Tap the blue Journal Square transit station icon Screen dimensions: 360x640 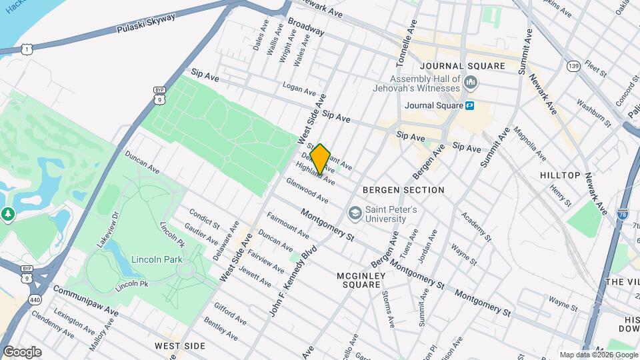click(x=470, y=105)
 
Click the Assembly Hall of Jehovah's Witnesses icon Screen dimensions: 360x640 click(x=471, y=83)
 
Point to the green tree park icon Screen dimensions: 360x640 click(x=7, y=214)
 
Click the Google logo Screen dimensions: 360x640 click(x=22, y=351)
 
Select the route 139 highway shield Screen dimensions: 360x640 click(x=573, y=65)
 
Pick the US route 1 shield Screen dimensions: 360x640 click(x=25, y=49)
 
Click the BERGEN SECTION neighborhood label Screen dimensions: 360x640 click(x=403, y=190)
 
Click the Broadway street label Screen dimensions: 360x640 click(x=306, y=27)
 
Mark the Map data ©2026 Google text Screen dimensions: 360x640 click(x=597, y=355)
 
